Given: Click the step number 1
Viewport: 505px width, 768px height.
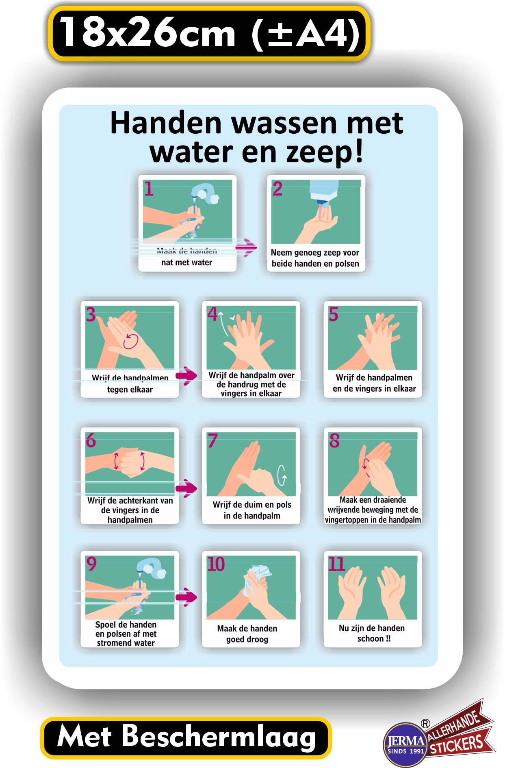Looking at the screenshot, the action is tap(149, 189).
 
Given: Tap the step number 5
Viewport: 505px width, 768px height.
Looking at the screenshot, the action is tap(334, 314).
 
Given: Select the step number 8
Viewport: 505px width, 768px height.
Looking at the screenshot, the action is tap(334, 440).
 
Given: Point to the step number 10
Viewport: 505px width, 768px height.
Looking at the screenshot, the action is tap(216, 564).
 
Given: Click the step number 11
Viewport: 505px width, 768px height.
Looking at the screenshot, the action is tap(337, 564).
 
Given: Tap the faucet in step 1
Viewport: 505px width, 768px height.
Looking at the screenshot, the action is tap(205, 193).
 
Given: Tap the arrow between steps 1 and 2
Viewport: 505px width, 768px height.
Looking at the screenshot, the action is tap(246, 247).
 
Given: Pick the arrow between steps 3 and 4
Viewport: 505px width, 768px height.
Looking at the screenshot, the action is tap(186, 375).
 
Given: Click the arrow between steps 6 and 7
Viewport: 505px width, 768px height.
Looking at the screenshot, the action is tap(186, 488).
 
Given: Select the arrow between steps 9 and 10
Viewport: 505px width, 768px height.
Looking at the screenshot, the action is tap(186, 597).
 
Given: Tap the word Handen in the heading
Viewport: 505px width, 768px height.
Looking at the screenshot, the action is tap(166, 123).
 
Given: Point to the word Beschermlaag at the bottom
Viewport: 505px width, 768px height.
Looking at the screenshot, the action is tap(219, 736).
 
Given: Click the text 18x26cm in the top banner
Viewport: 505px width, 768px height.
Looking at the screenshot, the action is tap(148, 32).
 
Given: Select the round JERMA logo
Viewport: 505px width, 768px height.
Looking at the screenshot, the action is tap(405, 744).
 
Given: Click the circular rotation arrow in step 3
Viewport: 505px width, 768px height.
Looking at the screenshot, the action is tap(131, 341).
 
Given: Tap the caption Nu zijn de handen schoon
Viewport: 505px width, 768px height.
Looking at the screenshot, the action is tap(372, 633).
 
